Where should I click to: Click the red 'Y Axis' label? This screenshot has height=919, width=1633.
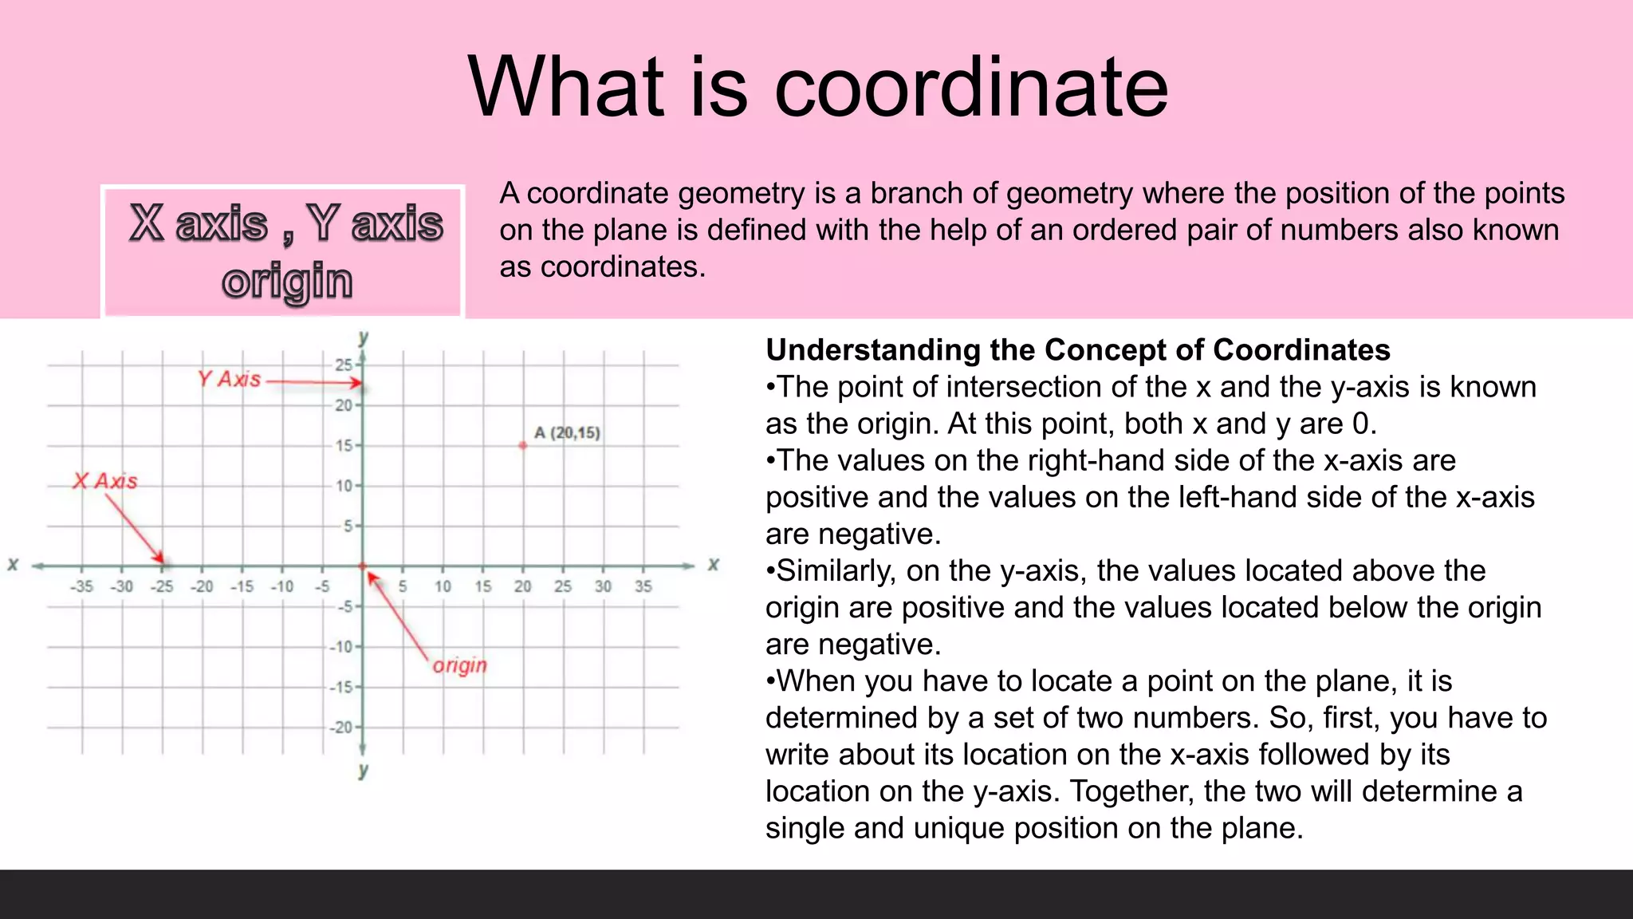230,379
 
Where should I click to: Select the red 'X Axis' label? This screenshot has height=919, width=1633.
104,481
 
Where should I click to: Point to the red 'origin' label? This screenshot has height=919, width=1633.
460,665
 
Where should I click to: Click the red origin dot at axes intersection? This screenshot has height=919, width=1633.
363,566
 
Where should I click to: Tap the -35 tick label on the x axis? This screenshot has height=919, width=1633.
81,587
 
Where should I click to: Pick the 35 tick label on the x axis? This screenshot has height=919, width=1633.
643,587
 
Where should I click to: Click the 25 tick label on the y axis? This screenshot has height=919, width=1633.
343,365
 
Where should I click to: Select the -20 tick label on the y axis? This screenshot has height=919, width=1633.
342,728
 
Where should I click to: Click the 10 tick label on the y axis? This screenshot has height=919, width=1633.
344,486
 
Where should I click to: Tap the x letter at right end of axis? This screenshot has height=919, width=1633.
714,565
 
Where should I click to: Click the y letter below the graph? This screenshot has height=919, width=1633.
364,771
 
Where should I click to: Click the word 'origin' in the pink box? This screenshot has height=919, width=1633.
287,281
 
